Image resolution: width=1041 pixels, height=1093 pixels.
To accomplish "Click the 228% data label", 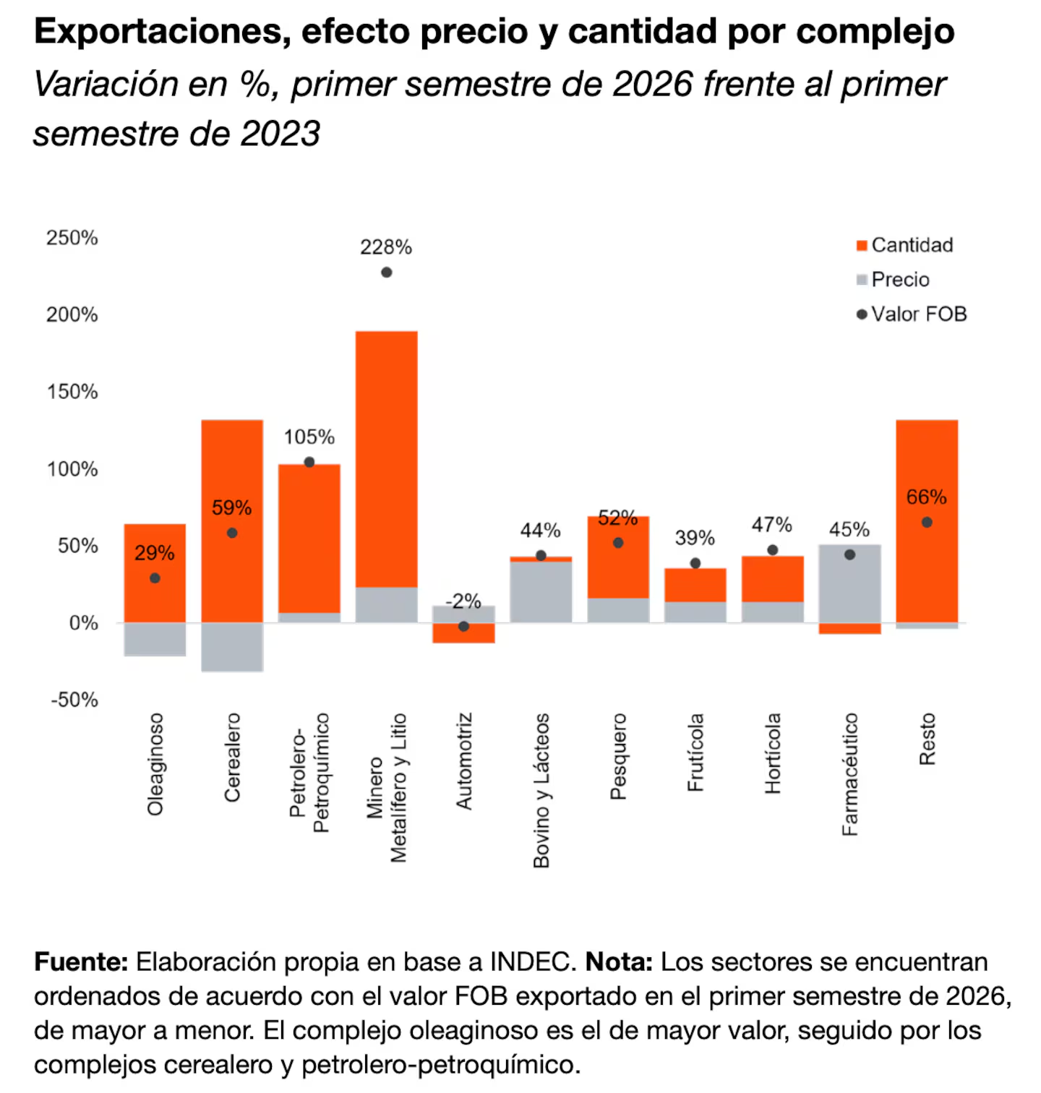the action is click(386, 247).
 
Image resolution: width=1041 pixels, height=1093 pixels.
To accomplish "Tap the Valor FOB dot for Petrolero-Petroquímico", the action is click(309, 462).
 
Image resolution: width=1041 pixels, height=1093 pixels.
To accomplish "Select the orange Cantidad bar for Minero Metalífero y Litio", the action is click(387, 459).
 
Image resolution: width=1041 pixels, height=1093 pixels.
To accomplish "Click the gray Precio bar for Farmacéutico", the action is click(849, 583).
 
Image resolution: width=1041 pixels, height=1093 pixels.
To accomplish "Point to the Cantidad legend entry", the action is click(905, 245).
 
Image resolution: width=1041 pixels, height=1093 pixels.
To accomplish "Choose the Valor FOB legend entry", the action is click(912, 314).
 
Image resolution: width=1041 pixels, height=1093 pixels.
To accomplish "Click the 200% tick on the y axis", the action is click(72, 314).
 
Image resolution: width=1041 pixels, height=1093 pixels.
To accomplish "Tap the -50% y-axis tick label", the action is click(74, 700).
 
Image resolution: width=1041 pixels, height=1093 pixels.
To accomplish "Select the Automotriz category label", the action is click(463, 761).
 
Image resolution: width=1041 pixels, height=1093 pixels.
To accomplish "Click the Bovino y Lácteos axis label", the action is click(541, 790).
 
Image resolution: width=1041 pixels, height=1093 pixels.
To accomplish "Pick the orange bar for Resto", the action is click(927, 521).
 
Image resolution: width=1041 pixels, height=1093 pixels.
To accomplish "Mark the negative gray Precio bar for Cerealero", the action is click(232, 647).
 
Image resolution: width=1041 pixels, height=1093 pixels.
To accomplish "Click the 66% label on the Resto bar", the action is click(927, 497).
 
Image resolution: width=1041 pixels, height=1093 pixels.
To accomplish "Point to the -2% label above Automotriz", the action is click(463, 601).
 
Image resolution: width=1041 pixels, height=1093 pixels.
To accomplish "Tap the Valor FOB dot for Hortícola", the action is click(773, 550).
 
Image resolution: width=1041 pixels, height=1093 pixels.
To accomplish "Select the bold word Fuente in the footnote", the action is click(81, 962).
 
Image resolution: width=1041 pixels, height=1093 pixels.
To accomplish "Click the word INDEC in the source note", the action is click(533, 962).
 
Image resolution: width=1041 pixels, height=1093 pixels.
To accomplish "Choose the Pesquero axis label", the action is click(618, 756).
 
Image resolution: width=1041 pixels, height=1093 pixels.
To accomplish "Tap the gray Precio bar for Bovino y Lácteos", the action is click(541, 592).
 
